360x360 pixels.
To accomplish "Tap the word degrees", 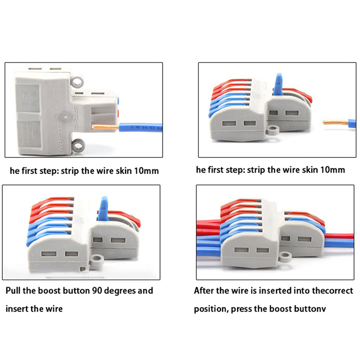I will pyautogui.click(x=120, y=291).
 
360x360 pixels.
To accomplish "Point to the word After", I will pyautogui.click(x=205, y=291).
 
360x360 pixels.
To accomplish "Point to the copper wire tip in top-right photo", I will pyautogui.click(x=333, y=121).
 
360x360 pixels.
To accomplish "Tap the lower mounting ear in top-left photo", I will pyautogui.click(x=79, y=145).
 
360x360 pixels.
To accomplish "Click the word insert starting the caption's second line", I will pyautogui.click(x=18, y=310).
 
